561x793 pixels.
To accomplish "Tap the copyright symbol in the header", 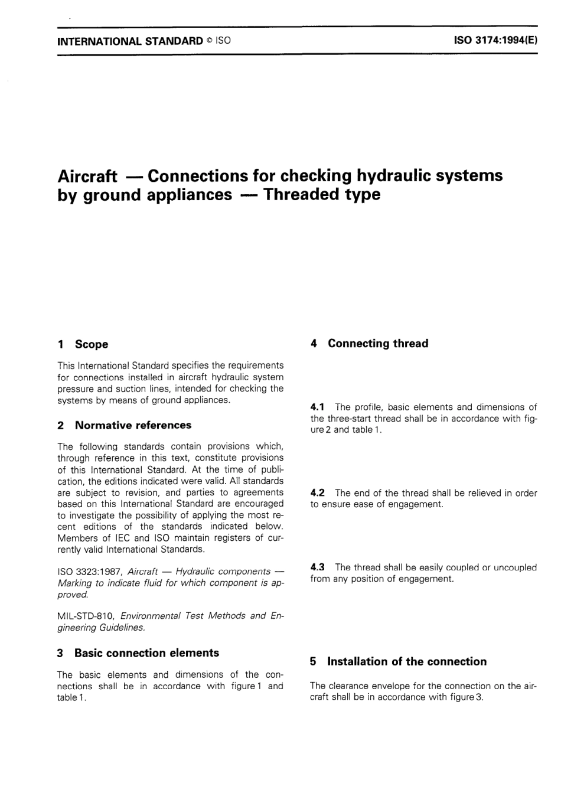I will click(209, 41).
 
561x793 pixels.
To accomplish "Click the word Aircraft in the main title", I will click(87, 176).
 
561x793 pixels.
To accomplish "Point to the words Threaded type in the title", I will click(322, 194).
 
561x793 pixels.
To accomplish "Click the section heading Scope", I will click(92, 344).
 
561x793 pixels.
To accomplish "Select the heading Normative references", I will click(133, 425).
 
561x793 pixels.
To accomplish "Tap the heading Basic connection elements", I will click(146, 653).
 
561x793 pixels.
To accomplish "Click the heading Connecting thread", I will click(378, 344).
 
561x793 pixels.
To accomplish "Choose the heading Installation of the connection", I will click(407, 661).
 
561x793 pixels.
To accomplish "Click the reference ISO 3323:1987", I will click(90, 572).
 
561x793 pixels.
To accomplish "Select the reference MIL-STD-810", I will click(86, 616).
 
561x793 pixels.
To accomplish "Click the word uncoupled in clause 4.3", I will click(516, 567).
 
